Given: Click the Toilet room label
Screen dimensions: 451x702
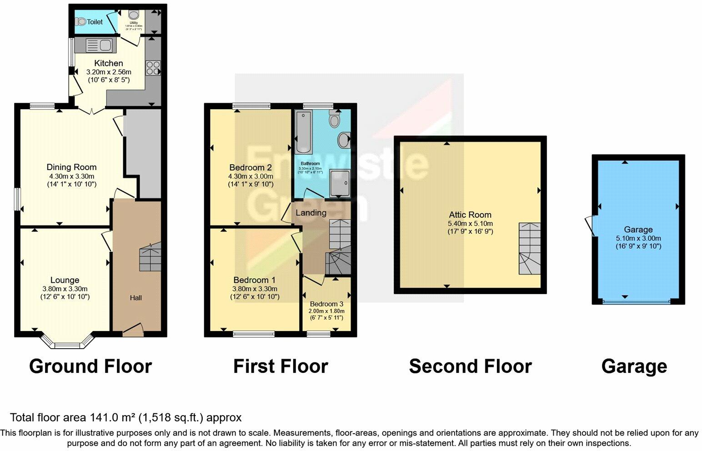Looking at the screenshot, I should click(95, 22).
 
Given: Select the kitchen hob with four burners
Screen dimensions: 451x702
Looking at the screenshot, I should click(153, 68).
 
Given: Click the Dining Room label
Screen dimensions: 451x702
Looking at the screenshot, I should click(71, 167).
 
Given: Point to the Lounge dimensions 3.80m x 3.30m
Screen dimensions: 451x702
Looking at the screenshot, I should click(65, 289).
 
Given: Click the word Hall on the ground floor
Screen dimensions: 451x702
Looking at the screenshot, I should click(135, 298).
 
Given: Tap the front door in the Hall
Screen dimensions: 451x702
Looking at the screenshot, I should click(132, 331).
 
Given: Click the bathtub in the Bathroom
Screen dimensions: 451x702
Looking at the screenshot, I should click(302, 132).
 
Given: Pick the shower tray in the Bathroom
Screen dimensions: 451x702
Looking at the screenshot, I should click(340, 183).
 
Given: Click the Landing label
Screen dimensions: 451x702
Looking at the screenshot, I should click(311, 212).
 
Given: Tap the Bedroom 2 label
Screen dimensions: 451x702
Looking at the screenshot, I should click(251, 167).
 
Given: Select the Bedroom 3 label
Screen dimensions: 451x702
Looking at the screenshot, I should click(326, 304).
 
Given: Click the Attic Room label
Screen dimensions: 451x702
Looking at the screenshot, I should click(470, 215).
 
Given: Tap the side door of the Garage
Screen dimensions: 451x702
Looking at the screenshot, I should click(590, 225).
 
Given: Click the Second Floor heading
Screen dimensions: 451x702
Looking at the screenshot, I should click(470, 366).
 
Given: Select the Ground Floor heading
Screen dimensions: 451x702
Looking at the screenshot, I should click(90, 366).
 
